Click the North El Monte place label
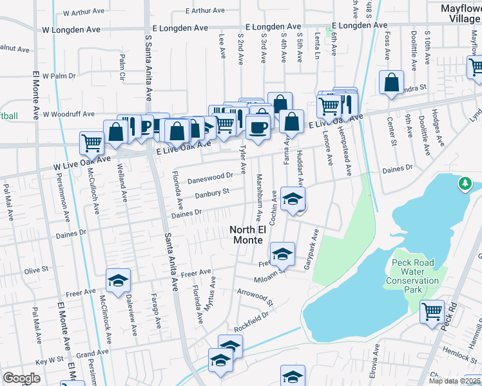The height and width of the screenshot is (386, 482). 247,235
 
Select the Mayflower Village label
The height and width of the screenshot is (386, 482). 460,14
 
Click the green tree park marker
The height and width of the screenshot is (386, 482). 465,184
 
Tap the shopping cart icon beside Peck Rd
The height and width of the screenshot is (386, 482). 432,311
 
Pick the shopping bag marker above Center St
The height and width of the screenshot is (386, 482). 391,83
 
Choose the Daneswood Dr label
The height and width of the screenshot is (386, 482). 210,176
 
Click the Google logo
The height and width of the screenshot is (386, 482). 21,378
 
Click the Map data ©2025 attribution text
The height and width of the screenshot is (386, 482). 454,381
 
